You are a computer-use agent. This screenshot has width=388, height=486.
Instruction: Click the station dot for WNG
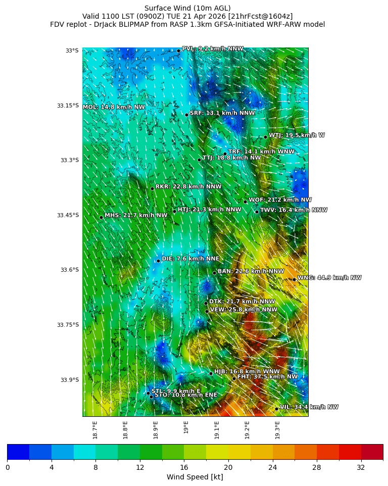click(x=294, y=279)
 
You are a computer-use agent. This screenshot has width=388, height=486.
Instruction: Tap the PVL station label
click(x=212, y=49)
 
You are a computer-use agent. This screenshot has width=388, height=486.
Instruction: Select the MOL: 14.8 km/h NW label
click(x=114, y=107)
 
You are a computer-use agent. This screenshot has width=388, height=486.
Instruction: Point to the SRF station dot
click(x=186, y=115)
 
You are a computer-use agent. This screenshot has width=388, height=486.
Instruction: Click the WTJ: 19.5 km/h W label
click(x=297, y=135)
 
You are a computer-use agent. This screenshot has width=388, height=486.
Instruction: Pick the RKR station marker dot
click(x=152, y=188)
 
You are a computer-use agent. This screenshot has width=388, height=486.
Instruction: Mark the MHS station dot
click(x=101, y=217)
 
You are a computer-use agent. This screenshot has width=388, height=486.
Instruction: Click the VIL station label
click(x=309, y=407)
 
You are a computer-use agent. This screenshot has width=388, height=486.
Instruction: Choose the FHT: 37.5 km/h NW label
click(x=267, y=377)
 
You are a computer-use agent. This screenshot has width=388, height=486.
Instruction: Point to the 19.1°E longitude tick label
click(x=217, y=429)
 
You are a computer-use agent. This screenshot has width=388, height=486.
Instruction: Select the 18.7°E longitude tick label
click(x=95, y=429)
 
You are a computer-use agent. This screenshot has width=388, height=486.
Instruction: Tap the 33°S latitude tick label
click(x=72, y=51)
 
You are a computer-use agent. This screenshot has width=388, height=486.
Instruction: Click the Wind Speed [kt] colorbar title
click(x=195, y=477)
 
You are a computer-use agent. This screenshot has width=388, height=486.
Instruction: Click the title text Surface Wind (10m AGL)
click(x=187, y=8)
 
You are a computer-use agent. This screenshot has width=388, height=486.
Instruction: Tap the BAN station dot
click(x=214, y=273)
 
